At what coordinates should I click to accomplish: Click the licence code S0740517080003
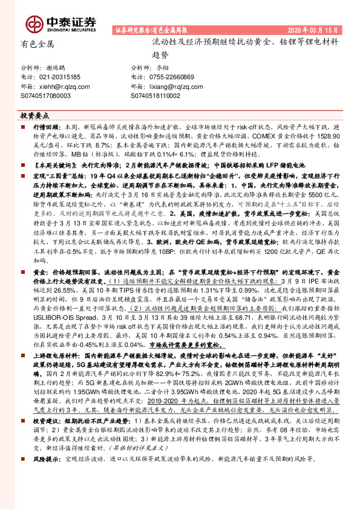[x=45, y=96]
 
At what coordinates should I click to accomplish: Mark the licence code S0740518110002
[x=155, y=96]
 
